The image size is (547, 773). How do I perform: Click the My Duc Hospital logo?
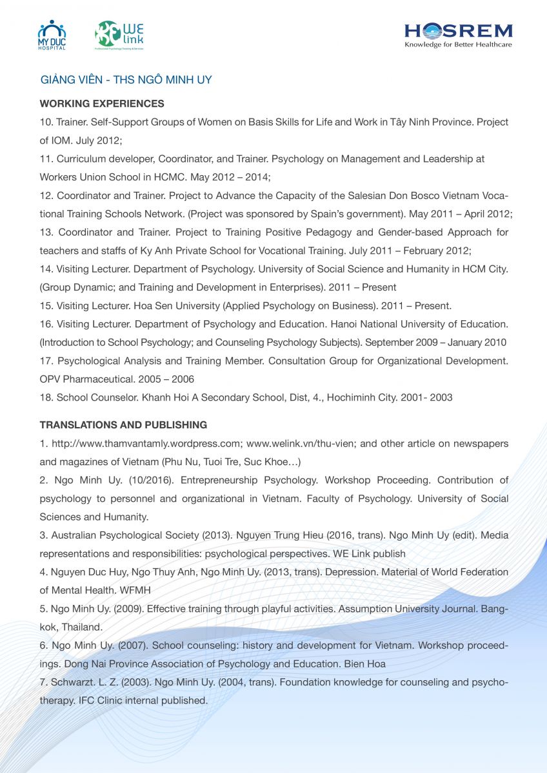[x=52, y=35]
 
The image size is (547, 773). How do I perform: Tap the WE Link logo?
[x=119, y=35]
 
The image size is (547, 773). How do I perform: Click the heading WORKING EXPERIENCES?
[x=102, y=103]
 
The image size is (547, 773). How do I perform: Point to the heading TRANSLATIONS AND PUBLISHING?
[x=123, y=425]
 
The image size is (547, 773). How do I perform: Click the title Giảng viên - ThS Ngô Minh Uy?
[x=126, y=80]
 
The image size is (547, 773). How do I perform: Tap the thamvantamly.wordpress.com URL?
[x=145, y=443]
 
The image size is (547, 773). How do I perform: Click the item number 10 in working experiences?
[x=45, y=122]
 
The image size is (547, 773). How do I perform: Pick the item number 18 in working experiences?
[x=45, y=397]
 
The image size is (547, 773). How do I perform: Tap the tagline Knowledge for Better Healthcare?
[x=458, y=44]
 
